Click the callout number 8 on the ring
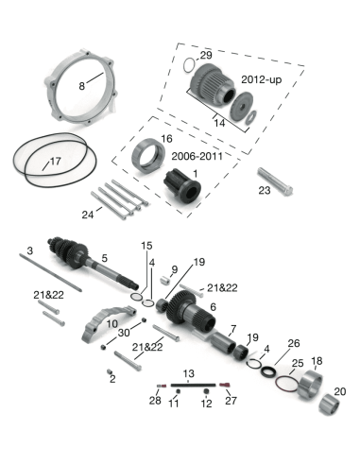(x=82, y=85)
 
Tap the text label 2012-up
(x=262, y=79)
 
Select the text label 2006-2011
(x=197, y=156)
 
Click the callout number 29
(x=206, y=56)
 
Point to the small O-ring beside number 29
(x=189, y=65)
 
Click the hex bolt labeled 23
(x=275, y=181)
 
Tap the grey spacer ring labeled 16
(x=148, y=156)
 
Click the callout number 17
(x=55, y=162)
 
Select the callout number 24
(x=88, y=215)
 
